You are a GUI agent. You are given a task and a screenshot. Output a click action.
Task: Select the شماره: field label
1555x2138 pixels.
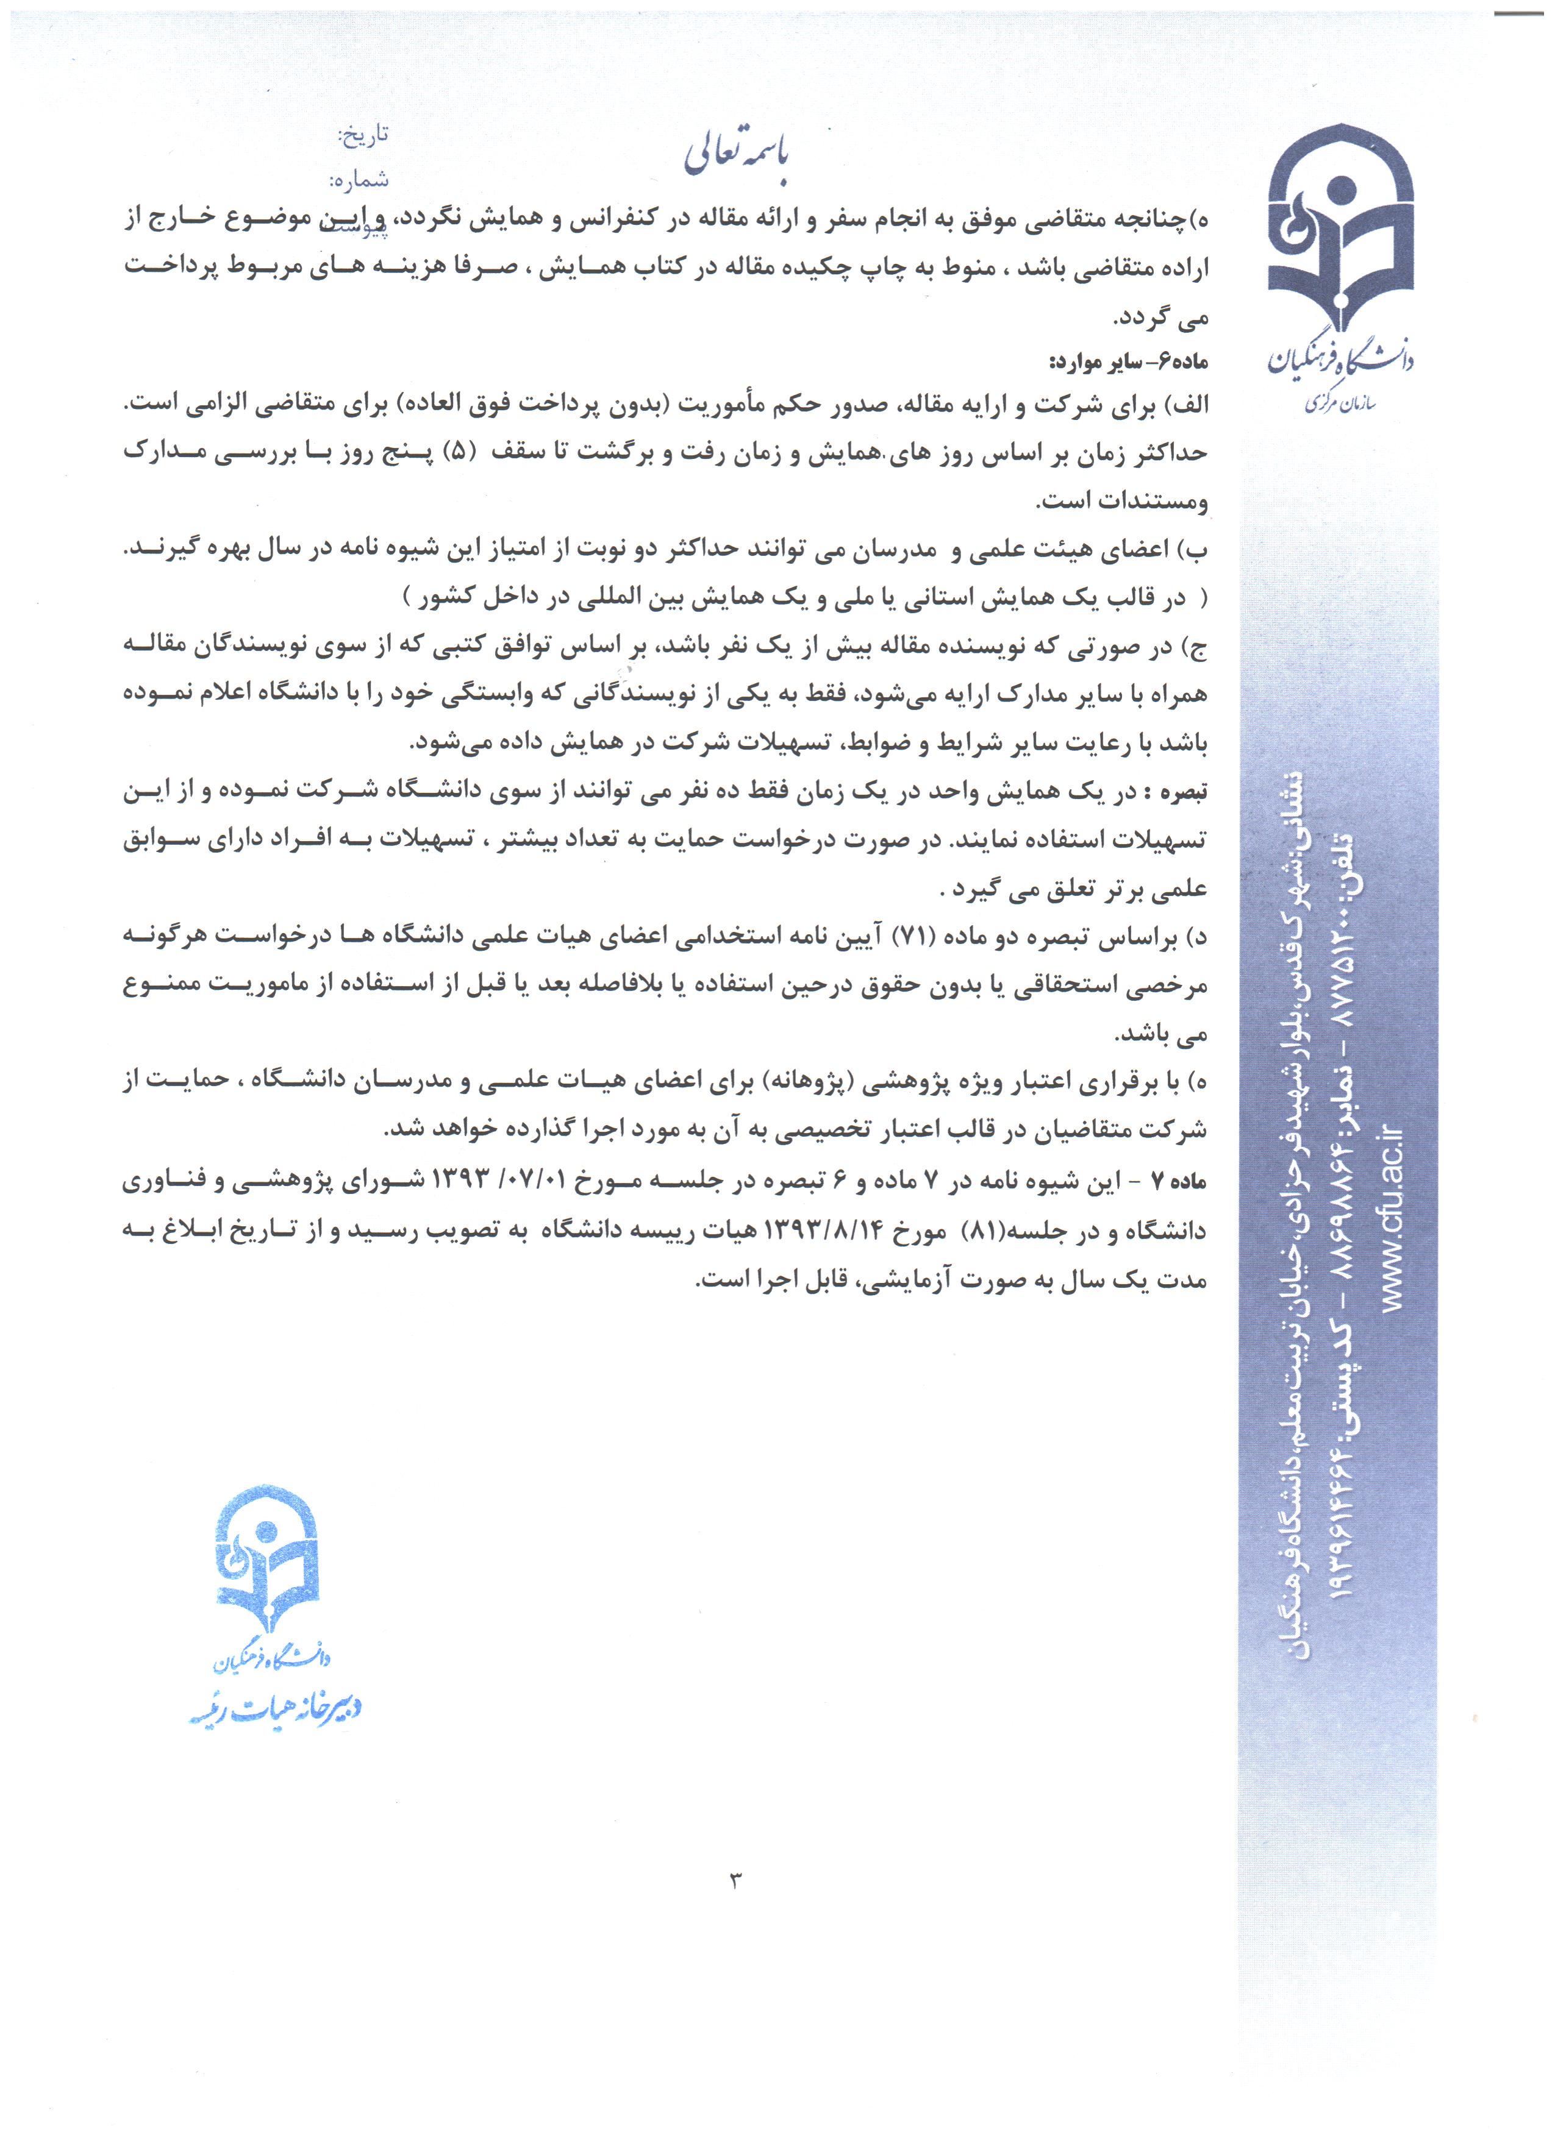(359, 179)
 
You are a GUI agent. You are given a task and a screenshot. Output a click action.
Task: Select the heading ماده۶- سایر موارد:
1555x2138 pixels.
(1129, 362)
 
